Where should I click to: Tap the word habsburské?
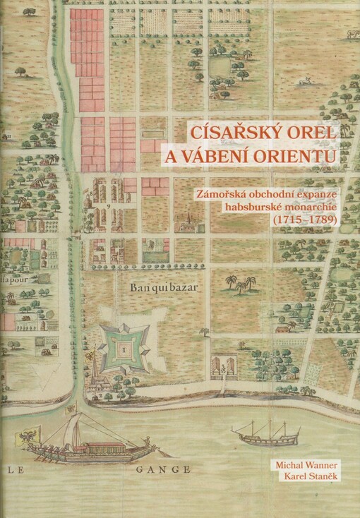click(x=253, y=206)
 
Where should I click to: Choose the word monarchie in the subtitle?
click(x=312, y=206)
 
